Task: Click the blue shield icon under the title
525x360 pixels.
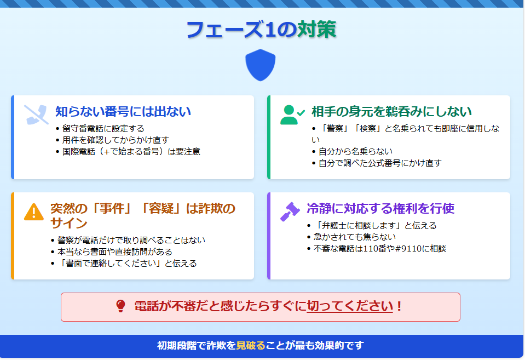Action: pyautogui.click(x=260, y=65)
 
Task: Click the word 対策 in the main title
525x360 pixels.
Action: pyautogui.click(x=316, y=30)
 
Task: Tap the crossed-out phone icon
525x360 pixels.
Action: pyautogui.click(x=36, y=115)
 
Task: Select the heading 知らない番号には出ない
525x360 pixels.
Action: pyautogui.click(x=123, y=112)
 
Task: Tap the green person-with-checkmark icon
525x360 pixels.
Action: pyautogui.click(x=292, y=115)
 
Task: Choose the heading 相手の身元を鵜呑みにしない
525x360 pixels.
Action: pyautogui.click(x=392, y=112)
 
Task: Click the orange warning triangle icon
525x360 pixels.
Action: pyautogui.click(x=34, y=212)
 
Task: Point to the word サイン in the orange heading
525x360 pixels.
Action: pyautogui.click(x=69, y=223)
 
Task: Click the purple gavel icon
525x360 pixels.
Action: pyautogui.click(x=290, y=212)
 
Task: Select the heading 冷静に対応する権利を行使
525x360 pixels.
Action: pyautogui.click(x=380, y=208)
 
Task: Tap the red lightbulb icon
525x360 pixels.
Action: pyautogui.click(x=120, y=306)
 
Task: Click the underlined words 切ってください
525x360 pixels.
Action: pyautogui.click(x=350, y=306)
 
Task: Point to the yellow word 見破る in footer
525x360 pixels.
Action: pyautogui.click(x=250, y=345)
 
